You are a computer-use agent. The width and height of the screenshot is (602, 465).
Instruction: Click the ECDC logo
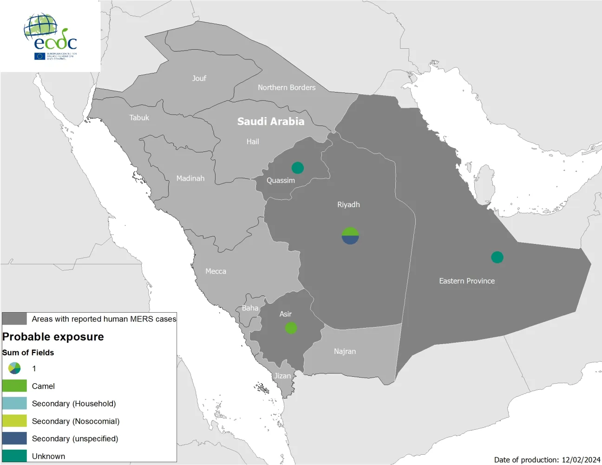point(50,37)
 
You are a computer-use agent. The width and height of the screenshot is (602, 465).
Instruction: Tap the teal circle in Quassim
point(298,168)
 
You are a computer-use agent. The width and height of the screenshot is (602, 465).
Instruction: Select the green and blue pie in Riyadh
point(350,236)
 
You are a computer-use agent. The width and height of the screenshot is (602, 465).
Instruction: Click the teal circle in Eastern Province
point(497,257)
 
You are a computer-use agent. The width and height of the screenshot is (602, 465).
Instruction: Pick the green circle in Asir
point(291,328)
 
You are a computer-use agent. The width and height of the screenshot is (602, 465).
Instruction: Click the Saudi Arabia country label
point(271,122)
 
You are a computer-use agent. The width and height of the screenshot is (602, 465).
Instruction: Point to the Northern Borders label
point(287,87)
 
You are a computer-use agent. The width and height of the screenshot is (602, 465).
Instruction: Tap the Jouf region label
point(199,79)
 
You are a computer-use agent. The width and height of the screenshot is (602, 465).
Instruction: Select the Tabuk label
point(139,118)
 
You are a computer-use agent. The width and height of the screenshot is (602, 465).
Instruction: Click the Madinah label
point(190,178)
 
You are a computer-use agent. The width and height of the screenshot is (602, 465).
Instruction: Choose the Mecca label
point(216,271)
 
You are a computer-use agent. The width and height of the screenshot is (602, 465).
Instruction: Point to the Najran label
point(345,352)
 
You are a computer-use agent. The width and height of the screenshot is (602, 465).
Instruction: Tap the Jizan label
point(282,376)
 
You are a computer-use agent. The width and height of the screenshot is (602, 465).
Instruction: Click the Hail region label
point(253,142)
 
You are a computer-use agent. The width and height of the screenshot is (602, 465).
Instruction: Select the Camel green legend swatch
point(14,386)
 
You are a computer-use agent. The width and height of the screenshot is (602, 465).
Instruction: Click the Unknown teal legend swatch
point(14,456)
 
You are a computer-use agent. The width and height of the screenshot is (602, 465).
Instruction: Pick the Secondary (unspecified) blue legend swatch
point(14,439)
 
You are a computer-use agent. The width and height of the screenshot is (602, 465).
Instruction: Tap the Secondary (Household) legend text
point(74,404)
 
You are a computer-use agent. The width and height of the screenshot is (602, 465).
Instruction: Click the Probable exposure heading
point(53,337)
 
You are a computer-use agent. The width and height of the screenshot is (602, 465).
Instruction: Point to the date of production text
point(547,460)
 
